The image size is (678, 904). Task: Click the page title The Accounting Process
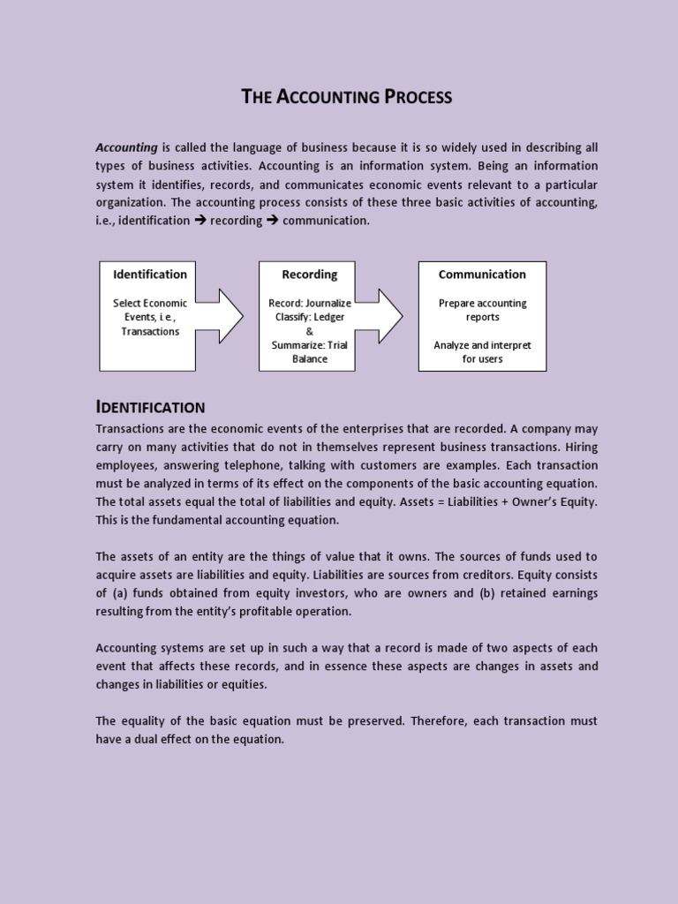[x=347, y=97]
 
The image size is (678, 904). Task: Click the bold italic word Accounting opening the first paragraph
[x=126, y=147]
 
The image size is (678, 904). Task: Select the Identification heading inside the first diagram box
[x=150, y=275]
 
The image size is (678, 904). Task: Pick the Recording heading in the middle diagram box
[x=309, y=275]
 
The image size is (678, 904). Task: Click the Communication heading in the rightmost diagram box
[x=482, y=275]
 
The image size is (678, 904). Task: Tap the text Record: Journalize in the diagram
[x=310, y=303]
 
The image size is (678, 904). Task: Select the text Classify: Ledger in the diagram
[x=310, y=317]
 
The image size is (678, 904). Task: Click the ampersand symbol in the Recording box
[x=310, y=331]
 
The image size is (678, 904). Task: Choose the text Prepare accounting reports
[x=482, y=310]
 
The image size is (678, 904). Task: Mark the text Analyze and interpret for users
[x=482, y=352]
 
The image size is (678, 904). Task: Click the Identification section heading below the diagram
[x=150, y=407]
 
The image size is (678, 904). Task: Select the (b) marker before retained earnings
[x=487, y=593]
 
